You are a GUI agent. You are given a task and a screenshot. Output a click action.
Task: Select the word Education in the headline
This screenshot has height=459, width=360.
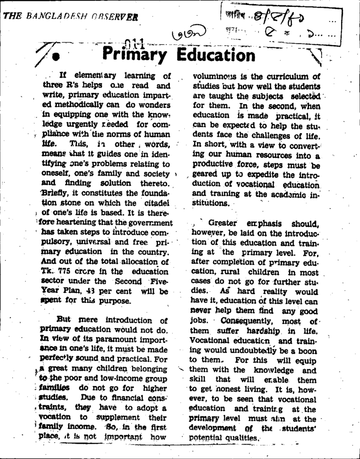pos(216,56)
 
